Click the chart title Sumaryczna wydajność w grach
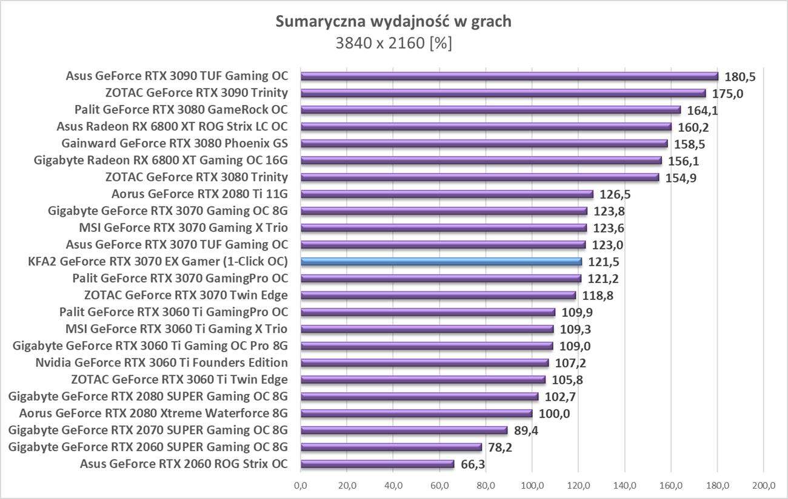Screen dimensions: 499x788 [393, 22]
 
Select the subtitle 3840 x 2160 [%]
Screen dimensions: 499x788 [393, 43]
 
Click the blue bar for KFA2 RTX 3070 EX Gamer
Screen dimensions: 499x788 [441, 262]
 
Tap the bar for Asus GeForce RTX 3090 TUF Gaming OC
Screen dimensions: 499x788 [509, 76]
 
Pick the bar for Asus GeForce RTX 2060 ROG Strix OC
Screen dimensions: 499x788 [377, 464]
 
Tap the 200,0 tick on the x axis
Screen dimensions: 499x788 [763, 486]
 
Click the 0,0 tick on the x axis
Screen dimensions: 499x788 [301, 486]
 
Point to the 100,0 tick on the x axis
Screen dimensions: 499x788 [532, 486]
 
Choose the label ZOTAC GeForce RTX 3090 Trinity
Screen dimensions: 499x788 [196, 93]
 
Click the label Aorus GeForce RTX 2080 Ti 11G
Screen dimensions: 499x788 [199, 194]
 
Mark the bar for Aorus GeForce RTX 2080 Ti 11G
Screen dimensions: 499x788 [447, 194]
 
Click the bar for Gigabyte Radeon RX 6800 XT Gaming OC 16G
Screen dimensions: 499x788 [481, 160]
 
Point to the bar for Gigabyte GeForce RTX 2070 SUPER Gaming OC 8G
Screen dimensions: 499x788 [404, 430]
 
